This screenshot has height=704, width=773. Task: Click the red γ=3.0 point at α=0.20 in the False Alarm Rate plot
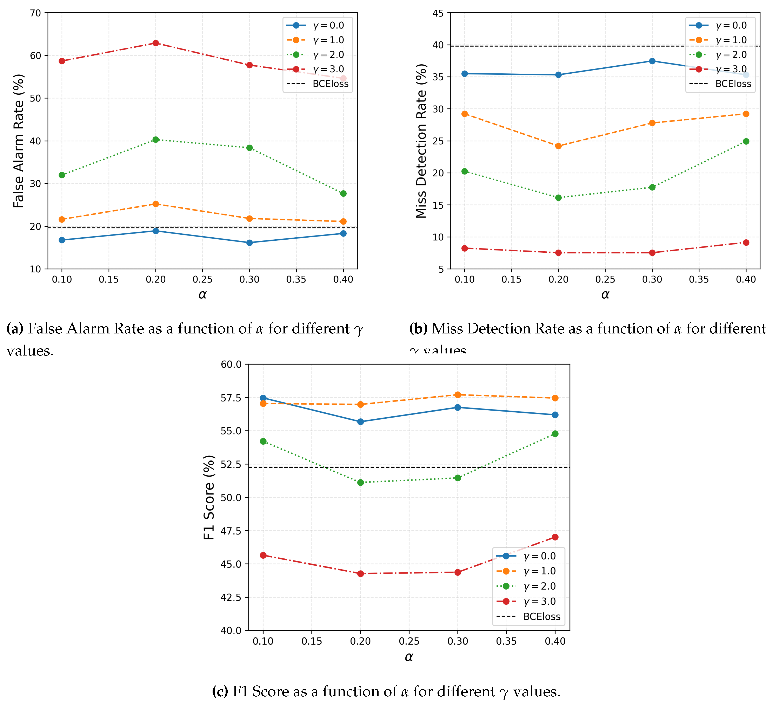coord(156,43)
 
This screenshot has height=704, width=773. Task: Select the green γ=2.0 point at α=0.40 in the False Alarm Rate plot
coord(343,194)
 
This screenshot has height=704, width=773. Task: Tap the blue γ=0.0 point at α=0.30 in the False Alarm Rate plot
coord(250,243)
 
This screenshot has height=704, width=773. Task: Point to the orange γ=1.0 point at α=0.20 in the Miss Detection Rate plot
coord(558,146)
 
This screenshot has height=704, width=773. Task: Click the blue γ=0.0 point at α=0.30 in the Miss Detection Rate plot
coord(652,61)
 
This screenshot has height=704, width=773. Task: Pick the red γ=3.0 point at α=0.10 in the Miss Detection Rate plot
coord(465,248)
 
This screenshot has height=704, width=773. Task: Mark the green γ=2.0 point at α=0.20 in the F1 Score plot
coord(360,482)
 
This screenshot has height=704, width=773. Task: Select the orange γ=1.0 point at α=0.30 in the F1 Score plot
coord(458,395)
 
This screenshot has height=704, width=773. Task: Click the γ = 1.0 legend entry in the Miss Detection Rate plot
coord(731,40)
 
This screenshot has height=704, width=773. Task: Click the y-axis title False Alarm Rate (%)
coord(18,141)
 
